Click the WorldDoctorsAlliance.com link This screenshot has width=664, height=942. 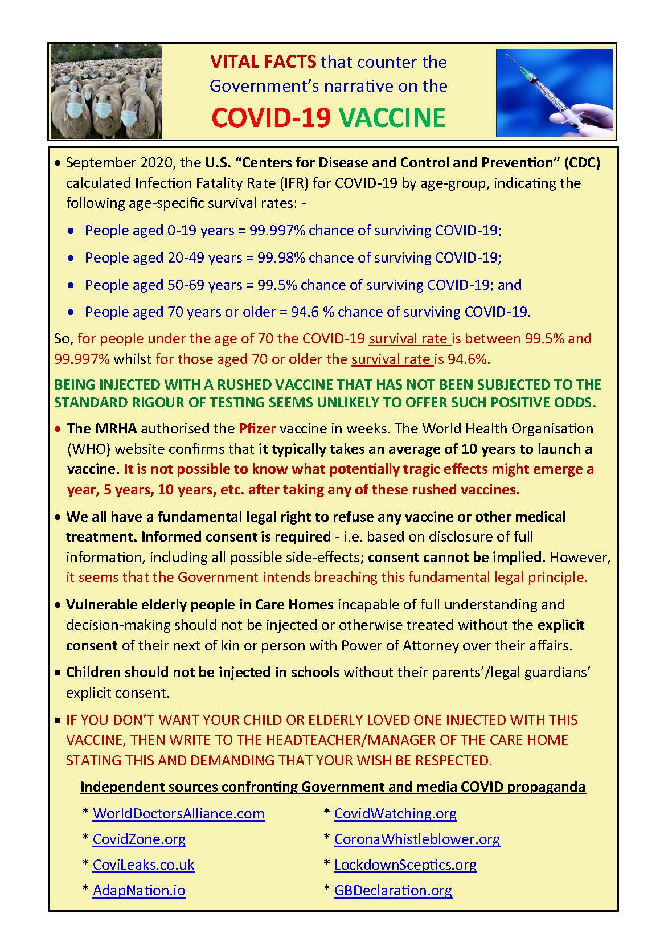(x=178, y=813)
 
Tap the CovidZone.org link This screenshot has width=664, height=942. (x=139, y=839)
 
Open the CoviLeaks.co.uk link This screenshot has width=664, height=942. (x=144, y=865)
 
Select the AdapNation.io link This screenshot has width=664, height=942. (x=139, y=890)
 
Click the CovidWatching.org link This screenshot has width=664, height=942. (x=395, y=813)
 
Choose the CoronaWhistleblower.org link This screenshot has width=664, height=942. (x=417, y=839)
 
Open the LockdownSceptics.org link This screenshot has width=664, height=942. (x=405, y=865)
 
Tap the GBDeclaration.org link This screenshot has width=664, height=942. (x=393, y=890)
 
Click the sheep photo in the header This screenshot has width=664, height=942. (x=106, y=92)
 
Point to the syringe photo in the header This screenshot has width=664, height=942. (x=554, y=92)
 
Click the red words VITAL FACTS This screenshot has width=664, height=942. (x=263, y=62)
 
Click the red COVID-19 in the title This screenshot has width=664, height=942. (x=271, y=117)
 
